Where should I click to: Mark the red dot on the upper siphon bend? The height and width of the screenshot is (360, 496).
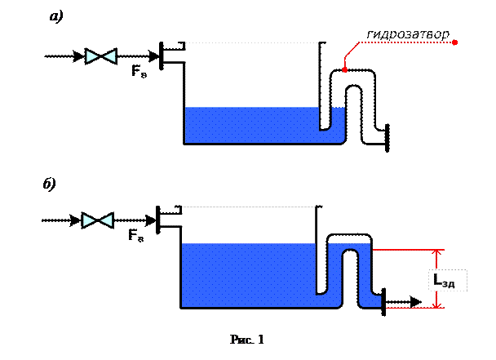(x=346, y=70)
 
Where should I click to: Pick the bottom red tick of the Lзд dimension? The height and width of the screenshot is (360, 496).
(x=439, y=307)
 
